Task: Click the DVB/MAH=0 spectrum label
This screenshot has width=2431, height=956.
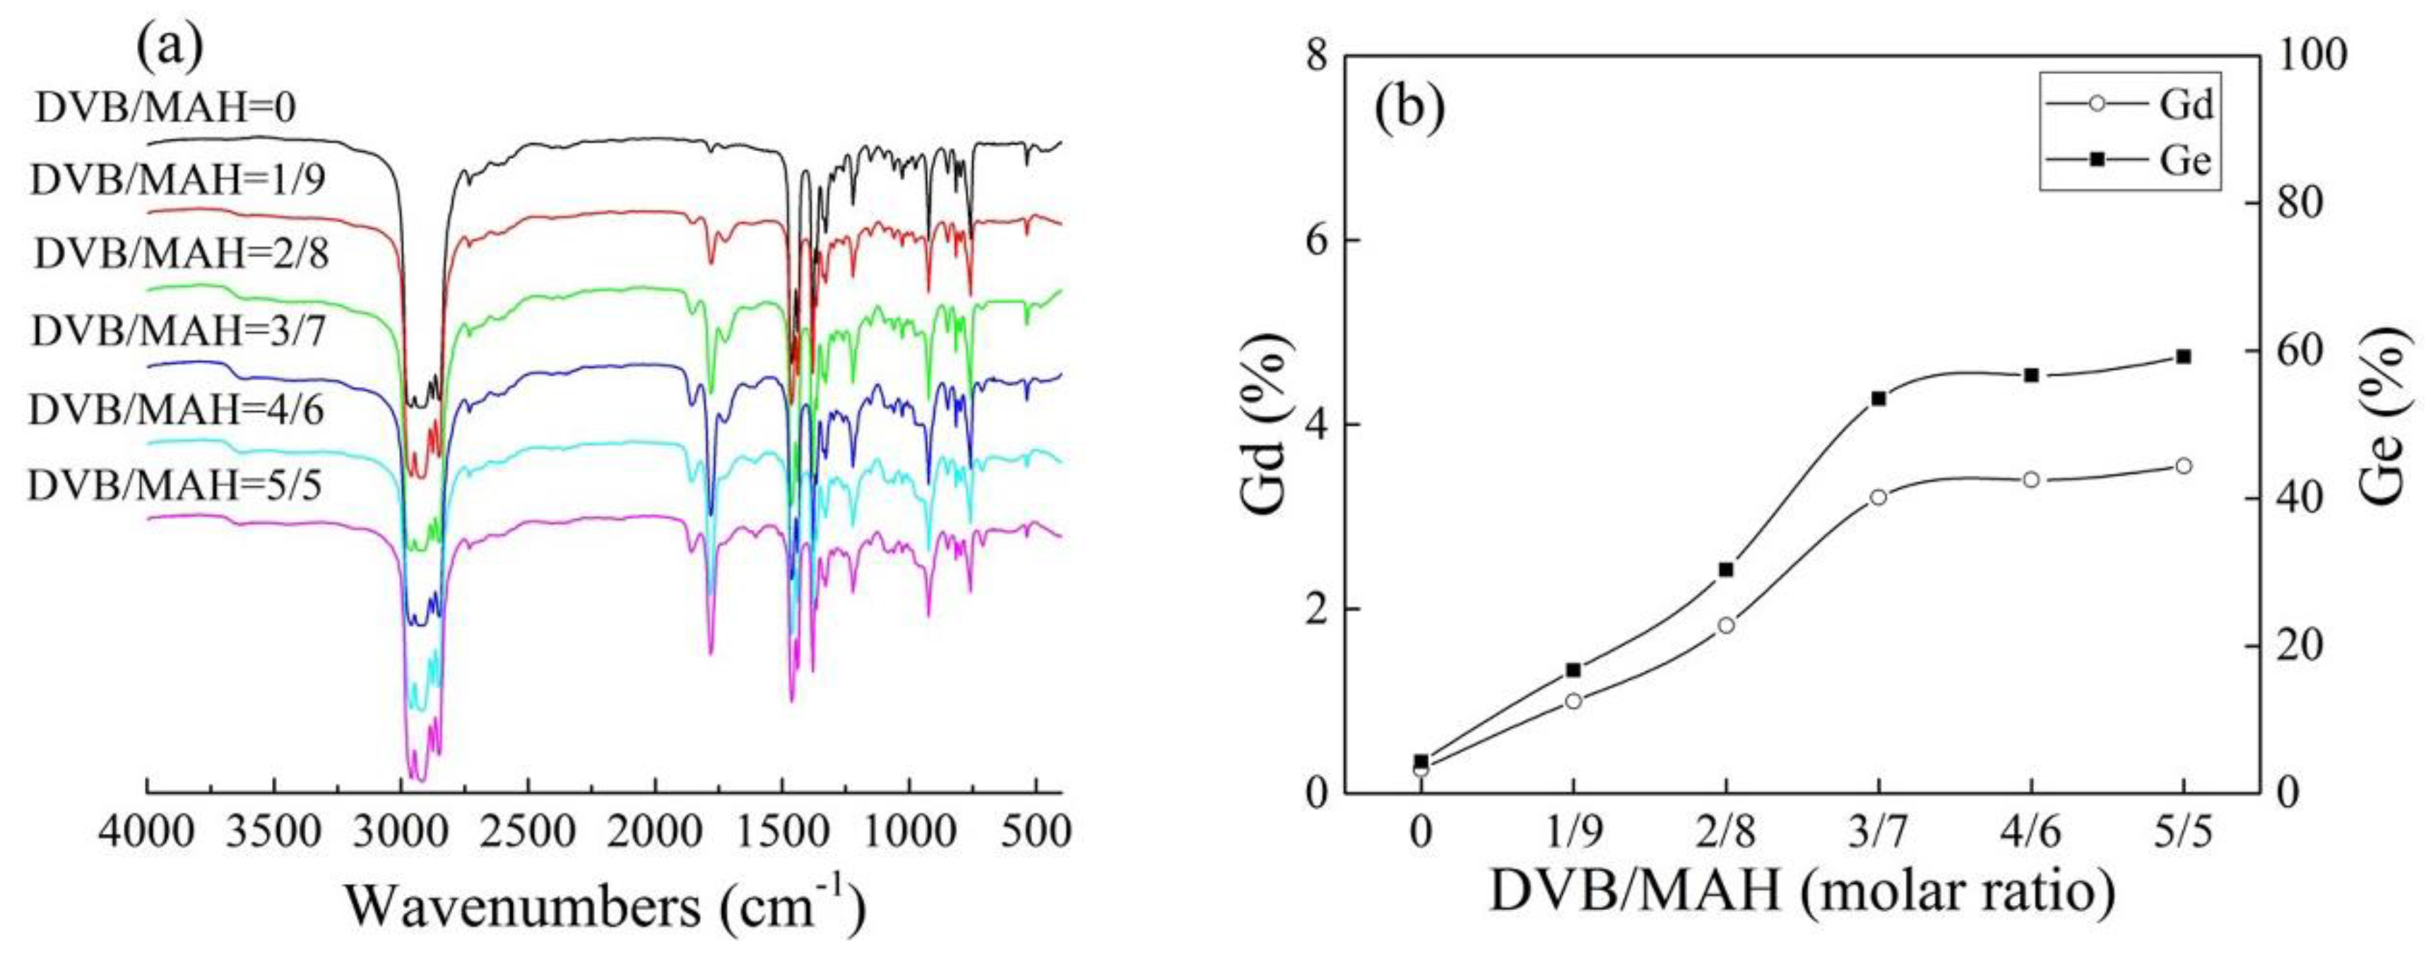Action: tap(166, 109)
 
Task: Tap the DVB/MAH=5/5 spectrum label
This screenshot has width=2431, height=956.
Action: tap(175, 485)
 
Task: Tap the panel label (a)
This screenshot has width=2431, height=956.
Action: tap(170, 47)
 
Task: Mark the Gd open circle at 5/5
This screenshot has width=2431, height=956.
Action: tap(2183, 465)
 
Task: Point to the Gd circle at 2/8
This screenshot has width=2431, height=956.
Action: tap(1726, 625)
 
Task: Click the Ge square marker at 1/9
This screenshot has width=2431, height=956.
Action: tap(1573, 670)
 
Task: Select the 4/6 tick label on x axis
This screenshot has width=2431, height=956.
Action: tap(2031, 836)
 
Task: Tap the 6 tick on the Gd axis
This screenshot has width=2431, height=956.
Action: tap(1313, 240)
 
